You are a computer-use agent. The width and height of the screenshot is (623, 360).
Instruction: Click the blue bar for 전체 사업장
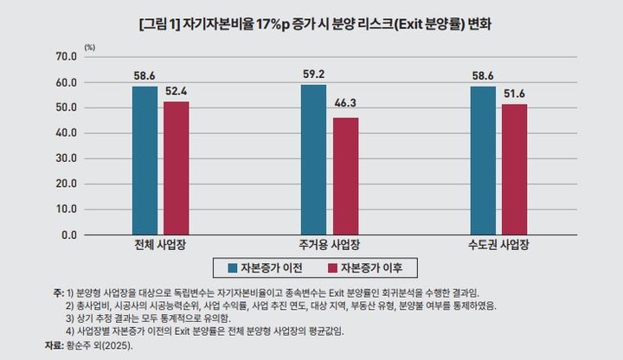click(x=145, y=160)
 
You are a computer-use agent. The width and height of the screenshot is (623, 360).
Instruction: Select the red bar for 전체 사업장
click(x=176, y=168)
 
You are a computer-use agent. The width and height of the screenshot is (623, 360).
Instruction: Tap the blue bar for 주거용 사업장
click(x=313, y=159)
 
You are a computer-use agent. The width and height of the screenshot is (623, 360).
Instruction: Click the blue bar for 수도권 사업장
click(x=483, y=160)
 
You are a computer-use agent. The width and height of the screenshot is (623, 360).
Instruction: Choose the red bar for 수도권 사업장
click(x=514, y=169)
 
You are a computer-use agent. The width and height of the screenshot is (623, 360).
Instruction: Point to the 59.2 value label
click(x=313, y=74)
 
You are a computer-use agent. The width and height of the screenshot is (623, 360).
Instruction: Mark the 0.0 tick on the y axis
click(x=67, y=235)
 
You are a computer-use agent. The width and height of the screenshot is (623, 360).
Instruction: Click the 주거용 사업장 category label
click(x=329, y=245)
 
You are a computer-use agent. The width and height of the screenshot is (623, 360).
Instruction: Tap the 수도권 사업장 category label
click(x=498, y=245)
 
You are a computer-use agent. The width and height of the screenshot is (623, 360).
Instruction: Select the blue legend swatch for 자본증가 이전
click(x=232, y=267)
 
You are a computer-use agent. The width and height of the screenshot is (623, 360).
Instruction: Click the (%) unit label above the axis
click(x=90, y=44)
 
